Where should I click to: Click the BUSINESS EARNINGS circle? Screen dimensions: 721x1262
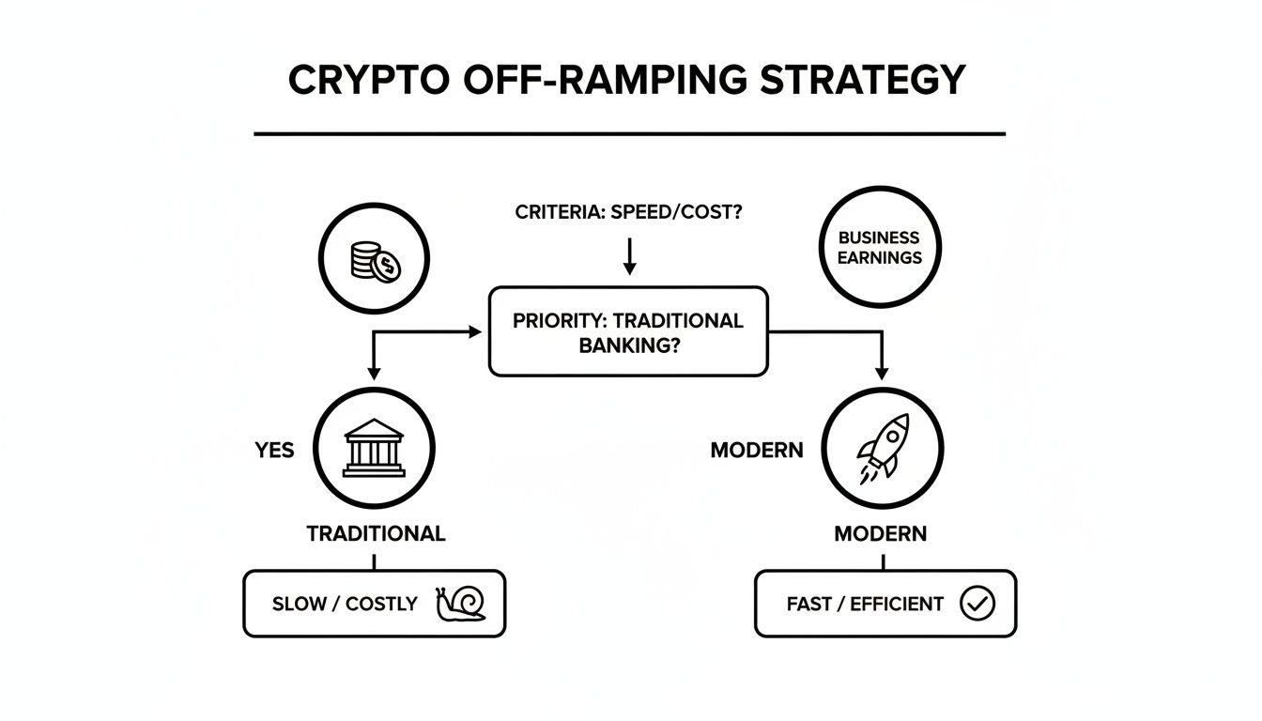[x=880, y=247]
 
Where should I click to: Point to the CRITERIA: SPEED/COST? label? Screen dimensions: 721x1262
[x=629, y=212]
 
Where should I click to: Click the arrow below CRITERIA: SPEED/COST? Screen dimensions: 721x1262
[x=629, y=255]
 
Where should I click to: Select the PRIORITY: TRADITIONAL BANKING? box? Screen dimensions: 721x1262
[x=628, y=332]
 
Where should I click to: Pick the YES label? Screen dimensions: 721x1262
[x=274, y=451]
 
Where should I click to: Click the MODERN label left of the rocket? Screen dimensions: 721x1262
[x=757, y=451]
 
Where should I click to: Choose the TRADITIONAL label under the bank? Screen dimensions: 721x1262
[x=376, y=534]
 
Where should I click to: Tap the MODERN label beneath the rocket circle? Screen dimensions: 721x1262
[x=881, y=534]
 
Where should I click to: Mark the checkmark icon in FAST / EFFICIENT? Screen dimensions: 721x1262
[x=977, y=604]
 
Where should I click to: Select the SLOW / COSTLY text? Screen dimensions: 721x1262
[x=345, y=604]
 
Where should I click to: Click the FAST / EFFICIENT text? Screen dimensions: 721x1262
[x=865, y=604]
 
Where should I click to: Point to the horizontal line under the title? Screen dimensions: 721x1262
[x=629, y=134]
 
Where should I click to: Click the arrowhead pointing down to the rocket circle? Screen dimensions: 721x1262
[x=881, y=373]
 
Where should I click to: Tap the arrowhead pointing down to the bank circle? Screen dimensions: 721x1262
[x=374, y=373]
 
